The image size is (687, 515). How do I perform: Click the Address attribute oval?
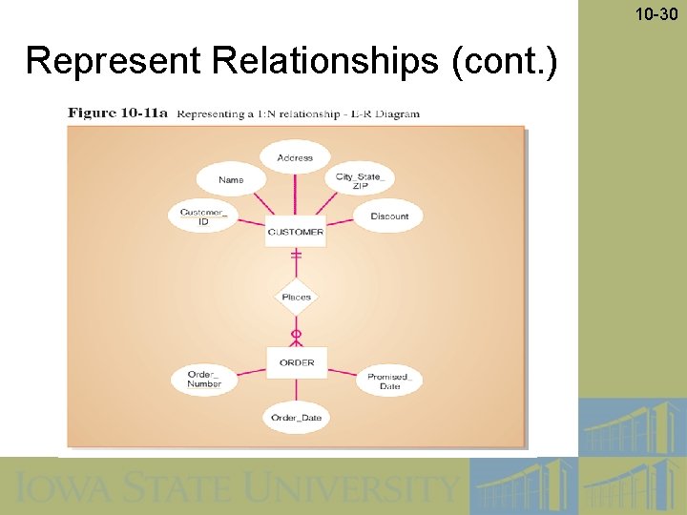point(295,157)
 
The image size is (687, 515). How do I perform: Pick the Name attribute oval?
point(230,179)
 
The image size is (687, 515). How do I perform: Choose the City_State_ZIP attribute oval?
point(360,181)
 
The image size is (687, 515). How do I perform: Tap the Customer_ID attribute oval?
point(203,216)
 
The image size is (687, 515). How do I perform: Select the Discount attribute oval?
point(389,216)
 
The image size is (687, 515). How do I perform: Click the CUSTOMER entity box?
point(296,232)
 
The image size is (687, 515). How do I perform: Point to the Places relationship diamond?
point(296,298)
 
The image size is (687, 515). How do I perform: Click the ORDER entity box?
point(296,362)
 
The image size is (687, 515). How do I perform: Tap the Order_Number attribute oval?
point(204,380)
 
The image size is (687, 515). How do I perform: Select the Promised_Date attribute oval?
point(389,381)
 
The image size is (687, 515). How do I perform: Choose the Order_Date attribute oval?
point(296,418)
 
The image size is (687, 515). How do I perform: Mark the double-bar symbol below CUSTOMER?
point(296,256)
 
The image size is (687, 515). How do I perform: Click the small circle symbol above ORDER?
point(296,334)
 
